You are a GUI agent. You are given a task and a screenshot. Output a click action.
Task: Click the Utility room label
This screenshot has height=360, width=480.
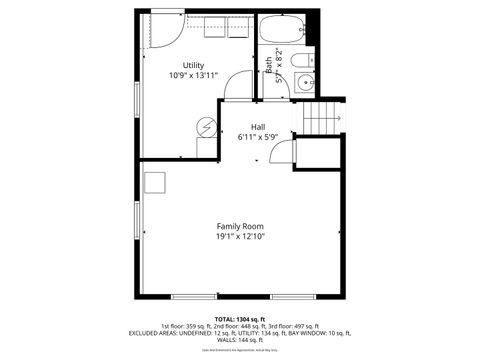[x=193, y=65]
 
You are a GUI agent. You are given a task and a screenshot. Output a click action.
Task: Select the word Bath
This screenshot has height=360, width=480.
[x=268, y=65]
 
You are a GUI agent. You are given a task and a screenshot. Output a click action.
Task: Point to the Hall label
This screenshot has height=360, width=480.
[x=258, y=127]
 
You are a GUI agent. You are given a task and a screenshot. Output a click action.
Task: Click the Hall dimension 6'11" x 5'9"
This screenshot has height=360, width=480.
[x=258, y=137]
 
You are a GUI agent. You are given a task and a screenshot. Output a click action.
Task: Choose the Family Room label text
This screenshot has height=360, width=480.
[x=239, y=226]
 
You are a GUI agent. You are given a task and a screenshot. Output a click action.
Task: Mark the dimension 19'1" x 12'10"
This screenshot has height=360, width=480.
[x=239, y=237]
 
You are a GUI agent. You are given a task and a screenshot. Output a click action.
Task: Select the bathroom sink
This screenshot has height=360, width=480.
[x=306, y=84]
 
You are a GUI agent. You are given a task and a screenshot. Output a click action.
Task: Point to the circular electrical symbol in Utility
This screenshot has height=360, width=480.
[x=207, y=127]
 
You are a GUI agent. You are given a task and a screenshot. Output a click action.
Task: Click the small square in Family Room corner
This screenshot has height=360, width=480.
[x=155, y=182]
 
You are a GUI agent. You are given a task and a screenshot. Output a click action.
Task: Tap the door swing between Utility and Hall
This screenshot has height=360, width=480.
[x=238, y=88]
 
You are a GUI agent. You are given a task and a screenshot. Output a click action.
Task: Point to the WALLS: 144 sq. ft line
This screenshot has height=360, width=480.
[x=239, y=340]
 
